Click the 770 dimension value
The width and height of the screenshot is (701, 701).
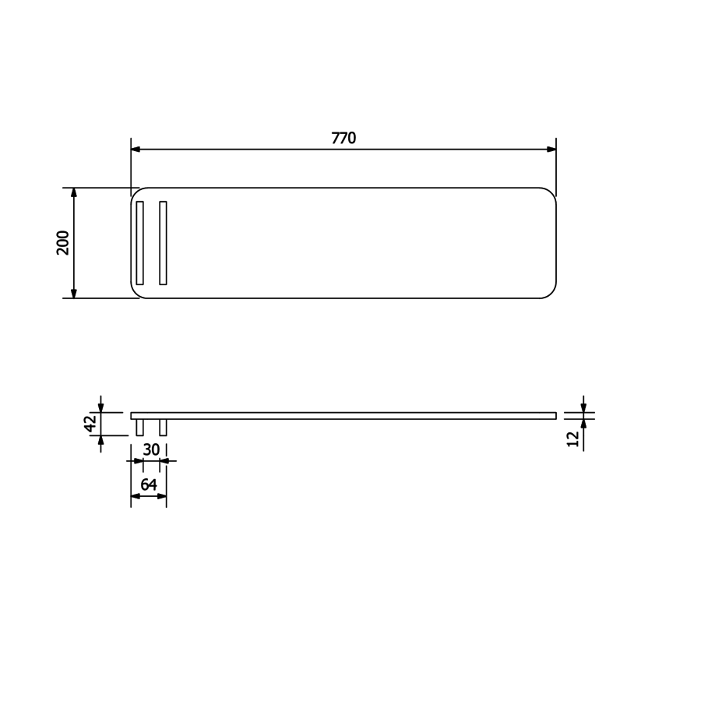(x=343, y=138)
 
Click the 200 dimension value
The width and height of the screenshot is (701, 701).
(x=63, y=242)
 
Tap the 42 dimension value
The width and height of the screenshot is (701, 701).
(x=90, y=424)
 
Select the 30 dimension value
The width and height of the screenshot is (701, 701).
(x=151, y=449)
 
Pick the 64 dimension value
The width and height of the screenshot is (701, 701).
(x=148, y=484)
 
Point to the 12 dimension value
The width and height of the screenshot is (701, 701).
(x=574, y=439)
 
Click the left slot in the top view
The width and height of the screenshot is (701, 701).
(x=140, y=243)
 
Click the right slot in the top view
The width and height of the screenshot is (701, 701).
(x=163, y=243)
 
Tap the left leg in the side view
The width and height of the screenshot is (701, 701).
(x=140, y=428)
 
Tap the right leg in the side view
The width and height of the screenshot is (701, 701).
(x=163, y=428)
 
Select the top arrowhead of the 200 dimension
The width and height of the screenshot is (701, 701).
(x=74, y=192)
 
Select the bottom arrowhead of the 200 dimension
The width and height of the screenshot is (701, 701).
(x=74, y=293)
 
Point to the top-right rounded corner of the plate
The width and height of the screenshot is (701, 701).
(x=551, y=193)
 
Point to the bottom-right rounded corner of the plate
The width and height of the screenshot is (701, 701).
(x=551, y=293)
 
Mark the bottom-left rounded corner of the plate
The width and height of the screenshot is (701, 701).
(x=136, y=293)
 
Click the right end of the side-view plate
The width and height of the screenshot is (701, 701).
(x=555, y=416)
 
